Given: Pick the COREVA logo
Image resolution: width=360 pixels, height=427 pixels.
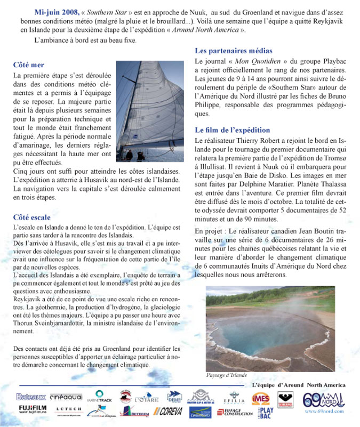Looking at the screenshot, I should [167, 411].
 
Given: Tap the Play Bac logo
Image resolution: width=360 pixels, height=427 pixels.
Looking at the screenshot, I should [267, 412].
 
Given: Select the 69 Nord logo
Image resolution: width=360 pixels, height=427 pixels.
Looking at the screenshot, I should [324, 399].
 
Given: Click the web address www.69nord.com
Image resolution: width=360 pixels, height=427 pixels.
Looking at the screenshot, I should [324, 412].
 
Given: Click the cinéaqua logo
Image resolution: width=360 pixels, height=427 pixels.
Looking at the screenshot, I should [66, 397].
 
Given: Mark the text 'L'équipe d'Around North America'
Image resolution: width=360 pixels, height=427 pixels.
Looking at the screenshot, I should [298, 385].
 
